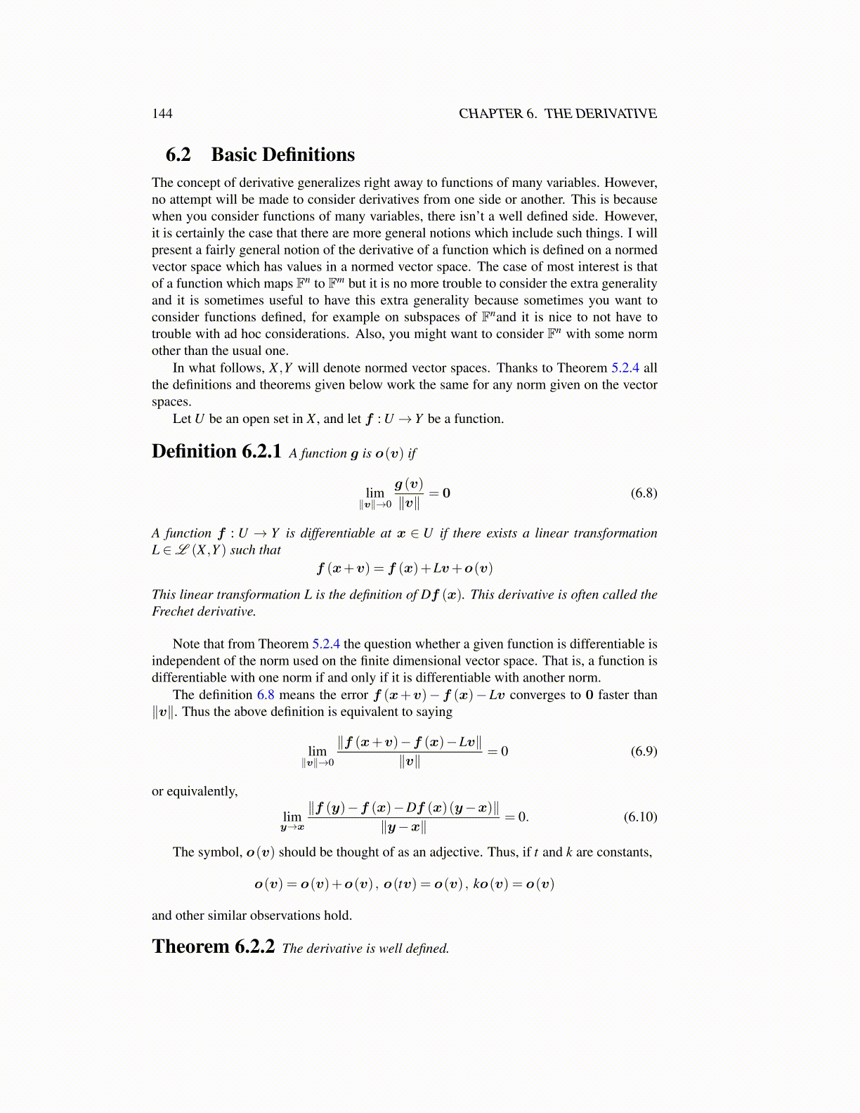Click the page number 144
pos(162,114)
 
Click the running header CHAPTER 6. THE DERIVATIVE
pos(557,114)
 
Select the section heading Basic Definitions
pos(282,155)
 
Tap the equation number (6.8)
pos(644,493)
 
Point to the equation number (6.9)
pos(644,751)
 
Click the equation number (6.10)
pos(640,816)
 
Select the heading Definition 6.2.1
pos(216,451)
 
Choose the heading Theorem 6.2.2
pos(213,946)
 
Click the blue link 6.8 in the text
pos(265,695)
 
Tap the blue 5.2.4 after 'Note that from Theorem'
pos(326,644)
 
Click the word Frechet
pos(173,611)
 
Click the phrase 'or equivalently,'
pos(195,791)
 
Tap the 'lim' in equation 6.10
pos(292,816)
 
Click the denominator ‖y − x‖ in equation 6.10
pos(403,827)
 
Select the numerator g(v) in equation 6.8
pos(408,483)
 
